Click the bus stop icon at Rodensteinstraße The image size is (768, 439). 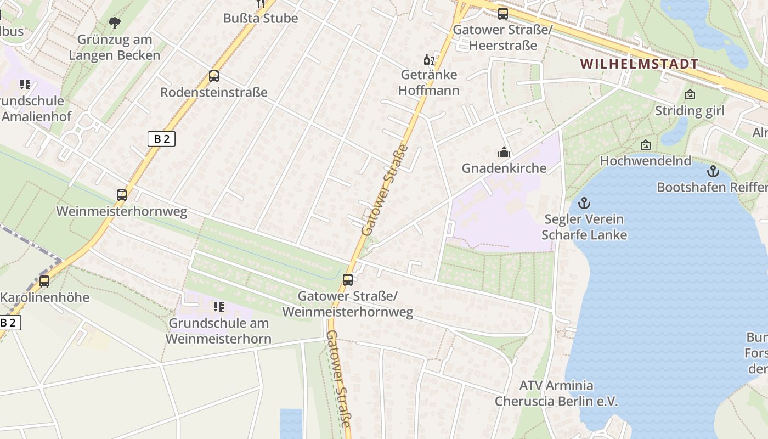(x=214, y=76)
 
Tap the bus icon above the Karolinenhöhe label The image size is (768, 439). (x=44, y=282)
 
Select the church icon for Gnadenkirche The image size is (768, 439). (x=504, y=152)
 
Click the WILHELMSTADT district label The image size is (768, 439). (x=639, y=64)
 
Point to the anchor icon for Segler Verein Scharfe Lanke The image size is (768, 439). (x=584, y=204)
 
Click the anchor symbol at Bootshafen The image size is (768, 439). (x=713, y=171)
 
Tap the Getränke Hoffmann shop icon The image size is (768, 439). (x=428, y=59)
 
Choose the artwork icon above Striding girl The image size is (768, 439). (x=690, y=95)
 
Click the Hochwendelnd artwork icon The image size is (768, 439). (x=646, y=145)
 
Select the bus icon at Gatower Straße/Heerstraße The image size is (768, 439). (x=503, y=14)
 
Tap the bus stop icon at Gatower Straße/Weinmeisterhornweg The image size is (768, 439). (x=348, y=280)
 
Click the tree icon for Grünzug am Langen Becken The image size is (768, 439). (x=114, y=23)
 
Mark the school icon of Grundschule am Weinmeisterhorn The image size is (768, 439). (x=219, y=307)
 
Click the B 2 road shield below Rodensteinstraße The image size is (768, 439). (x=161, y=139)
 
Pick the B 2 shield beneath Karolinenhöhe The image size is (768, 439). (x=9, y=323)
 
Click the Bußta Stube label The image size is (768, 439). (x=261, y=18)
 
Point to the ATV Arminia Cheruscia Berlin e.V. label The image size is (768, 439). (x=556, y=393)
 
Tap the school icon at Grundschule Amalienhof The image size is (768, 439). (x=25, y=85)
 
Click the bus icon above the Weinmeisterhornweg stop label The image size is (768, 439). (x=122, y=195)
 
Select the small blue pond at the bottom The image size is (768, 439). (x=291, y=423)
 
